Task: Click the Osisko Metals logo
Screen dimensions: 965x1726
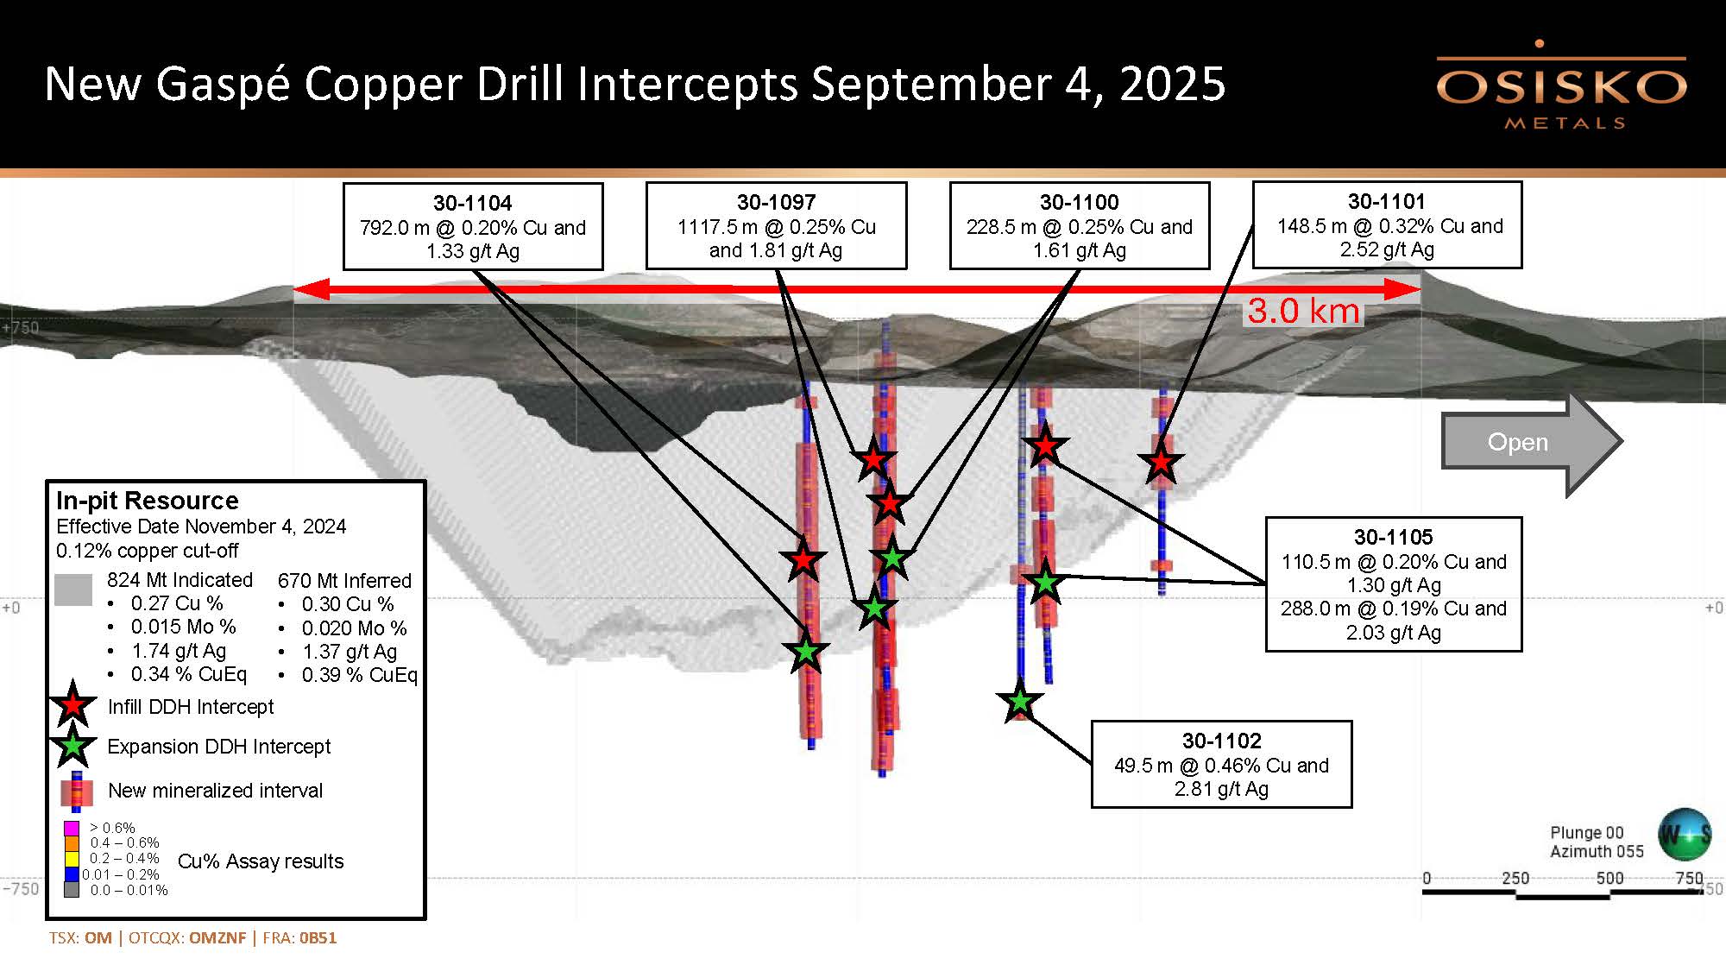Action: point(1560,86)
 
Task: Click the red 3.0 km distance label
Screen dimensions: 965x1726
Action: point(1303,312)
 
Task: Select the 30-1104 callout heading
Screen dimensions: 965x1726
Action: point(472,204)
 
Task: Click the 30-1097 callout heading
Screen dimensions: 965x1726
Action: point(776,203)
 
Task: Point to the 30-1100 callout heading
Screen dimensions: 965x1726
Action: point(1079,203)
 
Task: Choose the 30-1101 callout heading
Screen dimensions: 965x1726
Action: point(1386,202)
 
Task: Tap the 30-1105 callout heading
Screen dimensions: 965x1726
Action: point(1393,538)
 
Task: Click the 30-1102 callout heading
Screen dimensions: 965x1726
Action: point(1221,741)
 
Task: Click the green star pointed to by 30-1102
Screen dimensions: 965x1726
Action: point(1020,702)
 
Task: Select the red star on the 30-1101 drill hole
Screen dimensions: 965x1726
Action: point(1161,463)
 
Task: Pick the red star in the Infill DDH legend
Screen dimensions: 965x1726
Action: point(73,705)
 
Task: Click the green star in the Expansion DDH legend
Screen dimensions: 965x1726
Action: point(73,745)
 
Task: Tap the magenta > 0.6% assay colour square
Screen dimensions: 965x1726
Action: point(72,829)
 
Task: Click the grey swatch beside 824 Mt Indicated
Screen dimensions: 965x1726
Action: point(73,590)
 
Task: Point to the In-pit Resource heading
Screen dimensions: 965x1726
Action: point(147,501)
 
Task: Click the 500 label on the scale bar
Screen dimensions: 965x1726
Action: point(1609,878)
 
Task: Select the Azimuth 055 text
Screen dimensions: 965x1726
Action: point(1597,852)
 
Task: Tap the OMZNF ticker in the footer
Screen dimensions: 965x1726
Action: point(217,938)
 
